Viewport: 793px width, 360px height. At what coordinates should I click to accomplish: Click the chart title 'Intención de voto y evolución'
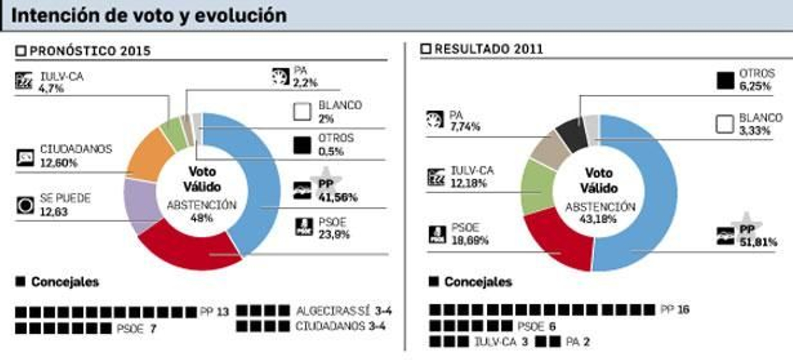149,15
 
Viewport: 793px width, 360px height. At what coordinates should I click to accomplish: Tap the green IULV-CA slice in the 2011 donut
538,186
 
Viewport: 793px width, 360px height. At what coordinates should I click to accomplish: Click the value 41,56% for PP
338,197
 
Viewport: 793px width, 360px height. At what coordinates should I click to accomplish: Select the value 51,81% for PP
758,242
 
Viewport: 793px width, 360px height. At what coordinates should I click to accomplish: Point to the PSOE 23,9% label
334,228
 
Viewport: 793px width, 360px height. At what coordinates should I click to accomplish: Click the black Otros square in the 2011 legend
725,80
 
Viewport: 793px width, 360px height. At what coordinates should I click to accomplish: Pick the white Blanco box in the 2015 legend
302,112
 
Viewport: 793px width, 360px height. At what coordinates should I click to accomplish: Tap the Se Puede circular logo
25,205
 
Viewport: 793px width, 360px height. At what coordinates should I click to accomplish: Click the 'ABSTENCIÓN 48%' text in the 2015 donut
202,211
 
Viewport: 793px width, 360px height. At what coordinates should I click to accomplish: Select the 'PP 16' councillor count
675,310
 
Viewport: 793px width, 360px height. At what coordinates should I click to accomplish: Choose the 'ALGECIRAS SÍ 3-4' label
343,311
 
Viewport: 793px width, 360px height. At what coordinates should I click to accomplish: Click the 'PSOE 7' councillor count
136,328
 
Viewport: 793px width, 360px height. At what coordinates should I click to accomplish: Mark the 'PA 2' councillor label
578,342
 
